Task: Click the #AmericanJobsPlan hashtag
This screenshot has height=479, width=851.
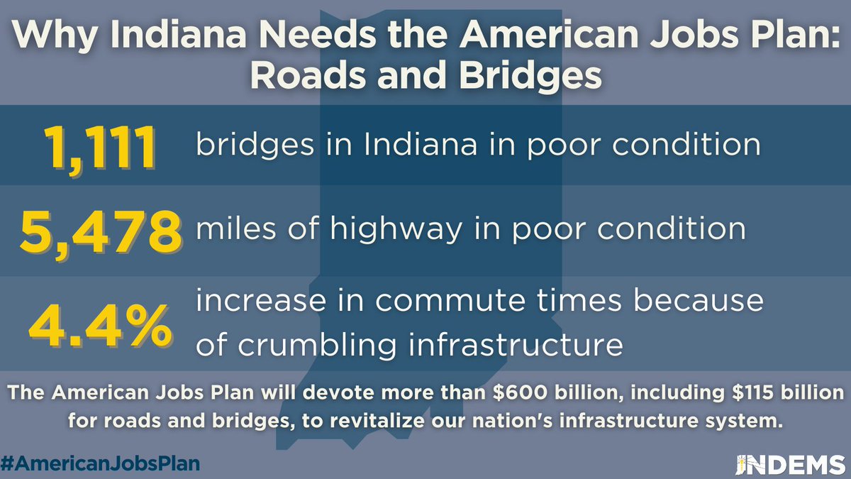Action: pyautogui.click(x=100, y=462)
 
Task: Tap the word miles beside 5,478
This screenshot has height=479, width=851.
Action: pyautogui.click(x=231, y=229)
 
